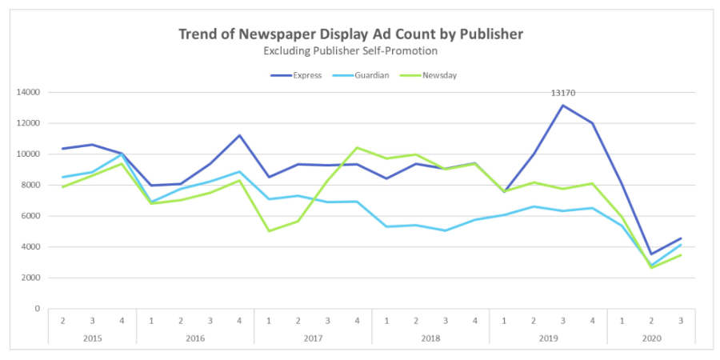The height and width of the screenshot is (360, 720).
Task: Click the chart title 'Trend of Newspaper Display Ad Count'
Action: [351, 34]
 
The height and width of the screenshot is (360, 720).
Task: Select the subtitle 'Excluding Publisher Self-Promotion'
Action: [351, 50]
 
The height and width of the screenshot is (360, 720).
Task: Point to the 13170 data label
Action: [562, 93]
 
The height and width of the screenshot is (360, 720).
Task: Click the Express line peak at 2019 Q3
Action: [562, 106]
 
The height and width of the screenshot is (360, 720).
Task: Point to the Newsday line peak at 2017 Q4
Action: [356, 148]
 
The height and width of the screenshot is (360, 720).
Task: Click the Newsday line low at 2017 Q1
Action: [268, 231]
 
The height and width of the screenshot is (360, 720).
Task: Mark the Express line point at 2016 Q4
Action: [238, 135]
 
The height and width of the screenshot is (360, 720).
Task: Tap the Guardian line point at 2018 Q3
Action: [445, 230]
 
